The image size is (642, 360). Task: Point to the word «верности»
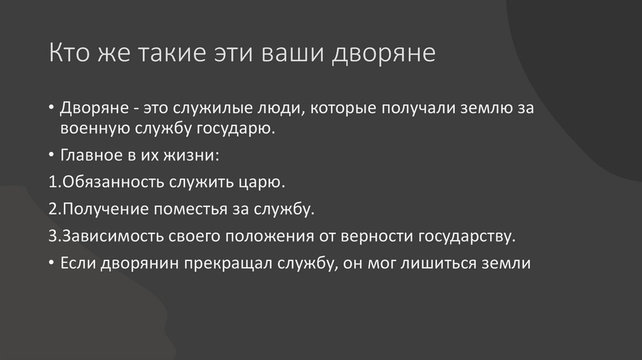[x=376, y=237]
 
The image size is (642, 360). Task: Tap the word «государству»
[x=467, y=237]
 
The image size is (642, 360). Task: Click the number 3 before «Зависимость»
[x=51, y=237]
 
